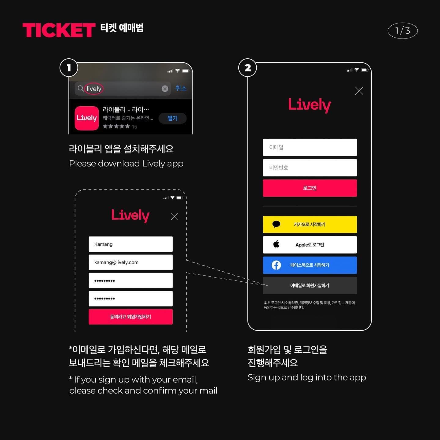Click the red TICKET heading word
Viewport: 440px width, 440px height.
click(59, 30)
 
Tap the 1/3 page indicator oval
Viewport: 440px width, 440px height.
click(402, 31)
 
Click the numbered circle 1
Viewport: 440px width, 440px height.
click(69, 68)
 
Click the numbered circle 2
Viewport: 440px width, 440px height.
click(248, 68)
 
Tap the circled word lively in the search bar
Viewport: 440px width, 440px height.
click(94, 89)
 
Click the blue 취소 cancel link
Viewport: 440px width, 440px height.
click(181, 88)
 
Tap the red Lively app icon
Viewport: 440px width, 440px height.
click(87, 118)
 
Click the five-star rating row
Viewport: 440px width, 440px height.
click(116, 126)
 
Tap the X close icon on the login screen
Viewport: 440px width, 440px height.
click(359, 91)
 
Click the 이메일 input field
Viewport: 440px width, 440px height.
click(310, 147)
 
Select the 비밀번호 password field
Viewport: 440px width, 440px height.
click(310, 168)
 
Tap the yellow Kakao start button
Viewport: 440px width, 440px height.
click(310, 224)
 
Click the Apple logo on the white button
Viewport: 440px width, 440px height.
click(276, 244)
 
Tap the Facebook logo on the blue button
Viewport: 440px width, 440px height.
click(276, 265)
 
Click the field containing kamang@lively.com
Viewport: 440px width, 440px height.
click(130, 262)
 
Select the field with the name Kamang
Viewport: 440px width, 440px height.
click(130, 244)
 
